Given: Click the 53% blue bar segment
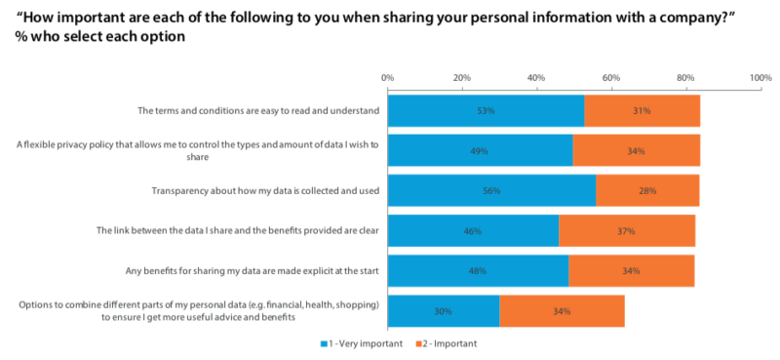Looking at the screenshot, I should [486, 111].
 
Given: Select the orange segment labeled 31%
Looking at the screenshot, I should [642, 111].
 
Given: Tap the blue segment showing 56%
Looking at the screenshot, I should [491, 191].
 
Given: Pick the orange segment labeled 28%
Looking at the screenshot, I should [647, 191].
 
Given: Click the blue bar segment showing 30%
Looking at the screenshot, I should [443, 311].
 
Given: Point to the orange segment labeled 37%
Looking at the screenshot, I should [627, 231].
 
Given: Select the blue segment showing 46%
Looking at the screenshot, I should [473, 231].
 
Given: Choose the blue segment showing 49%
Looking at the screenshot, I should [479, 151].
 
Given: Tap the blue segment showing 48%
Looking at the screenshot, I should [478, 271].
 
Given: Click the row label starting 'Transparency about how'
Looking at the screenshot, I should [266, 191].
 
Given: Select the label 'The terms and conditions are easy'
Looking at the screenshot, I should [258, 111].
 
